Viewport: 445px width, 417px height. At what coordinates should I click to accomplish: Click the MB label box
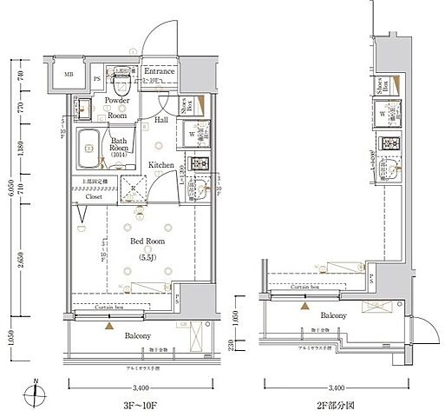click(x=69, y=74)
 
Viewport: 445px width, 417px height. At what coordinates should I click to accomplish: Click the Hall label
click(x=161, y=119)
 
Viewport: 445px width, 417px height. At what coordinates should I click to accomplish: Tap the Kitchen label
click(x=160, y=164)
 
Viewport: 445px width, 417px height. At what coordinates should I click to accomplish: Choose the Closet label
click(x=93, y=197)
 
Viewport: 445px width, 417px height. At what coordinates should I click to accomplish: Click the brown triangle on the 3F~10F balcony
click(x=109, y=325)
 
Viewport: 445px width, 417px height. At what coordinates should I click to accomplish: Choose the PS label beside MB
click(x=97, y=77)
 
